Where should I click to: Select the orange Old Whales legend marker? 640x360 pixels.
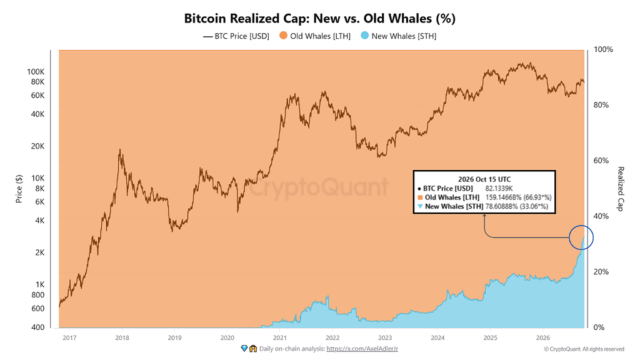pyautogui.click(x=283, y=36)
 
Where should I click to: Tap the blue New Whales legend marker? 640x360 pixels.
pyautogui.click(x=365, y=36)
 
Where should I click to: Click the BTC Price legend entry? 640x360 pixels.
pyautogui.click(x=236, y=36)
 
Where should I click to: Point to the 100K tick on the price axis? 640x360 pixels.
pyautogui.click(x=36, y=72)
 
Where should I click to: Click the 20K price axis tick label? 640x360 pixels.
pyautogui.click(x=38, y=146)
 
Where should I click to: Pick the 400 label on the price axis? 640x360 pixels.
pyautogui.click(x=38, y=327)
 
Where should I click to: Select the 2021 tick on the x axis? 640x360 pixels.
pyautogui.click(x=279, y=337)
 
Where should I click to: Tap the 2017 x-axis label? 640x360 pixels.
pyautogui.click(x=69, y=337)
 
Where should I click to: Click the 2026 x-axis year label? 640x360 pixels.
pyautogui.click(x=543, y=337)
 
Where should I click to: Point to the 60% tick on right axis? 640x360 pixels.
pyautogui.click(x=601, y=161)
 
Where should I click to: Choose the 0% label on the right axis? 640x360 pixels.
pyautogui.click(x=599, y=327)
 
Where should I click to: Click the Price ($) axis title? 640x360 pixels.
pyautogui.click(x=19, y=189)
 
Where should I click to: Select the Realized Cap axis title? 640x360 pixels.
pyautogui.click(x=621, y=189)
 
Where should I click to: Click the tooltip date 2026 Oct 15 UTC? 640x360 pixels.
pyautogui.click(x=484, y=179)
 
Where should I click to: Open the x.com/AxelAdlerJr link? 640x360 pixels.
pyautogui.click(x=362, y=349)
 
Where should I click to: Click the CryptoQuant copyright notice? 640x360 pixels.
pyautogui.click(x=584, y=349)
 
